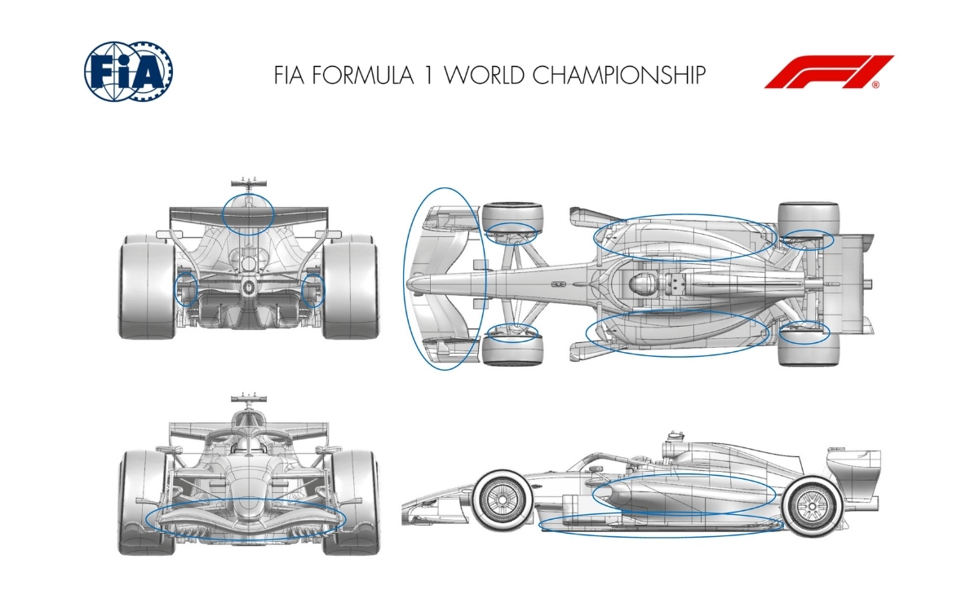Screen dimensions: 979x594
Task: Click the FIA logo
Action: [x=129, y=72]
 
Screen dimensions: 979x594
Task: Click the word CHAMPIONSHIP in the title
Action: [x=619, y=75]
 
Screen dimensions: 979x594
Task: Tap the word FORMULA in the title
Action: [x=363, y=75]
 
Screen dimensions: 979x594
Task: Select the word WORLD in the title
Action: [x=485, y=75]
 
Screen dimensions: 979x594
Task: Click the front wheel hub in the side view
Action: [x=503, y=499]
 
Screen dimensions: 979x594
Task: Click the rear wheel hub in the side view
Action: [x=812, y=506]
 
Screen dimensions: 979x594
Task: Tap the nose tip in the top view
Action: [x=409, y=284]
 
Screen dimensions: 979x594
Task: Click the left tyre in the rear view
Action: [x=148, y=286]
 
